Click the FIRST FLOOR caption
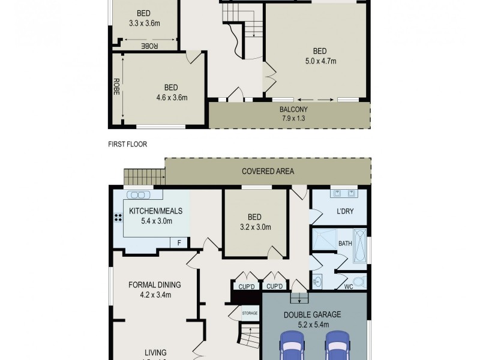127,144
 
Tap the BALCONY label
293,109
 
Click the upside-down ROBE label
149,46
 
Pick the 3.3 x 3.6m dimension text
144,24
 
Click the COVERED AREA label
268,171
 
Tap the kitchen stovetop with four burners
115,218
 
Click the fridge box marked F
178,242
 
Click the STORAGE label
250,313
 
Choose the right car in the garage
337,348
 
